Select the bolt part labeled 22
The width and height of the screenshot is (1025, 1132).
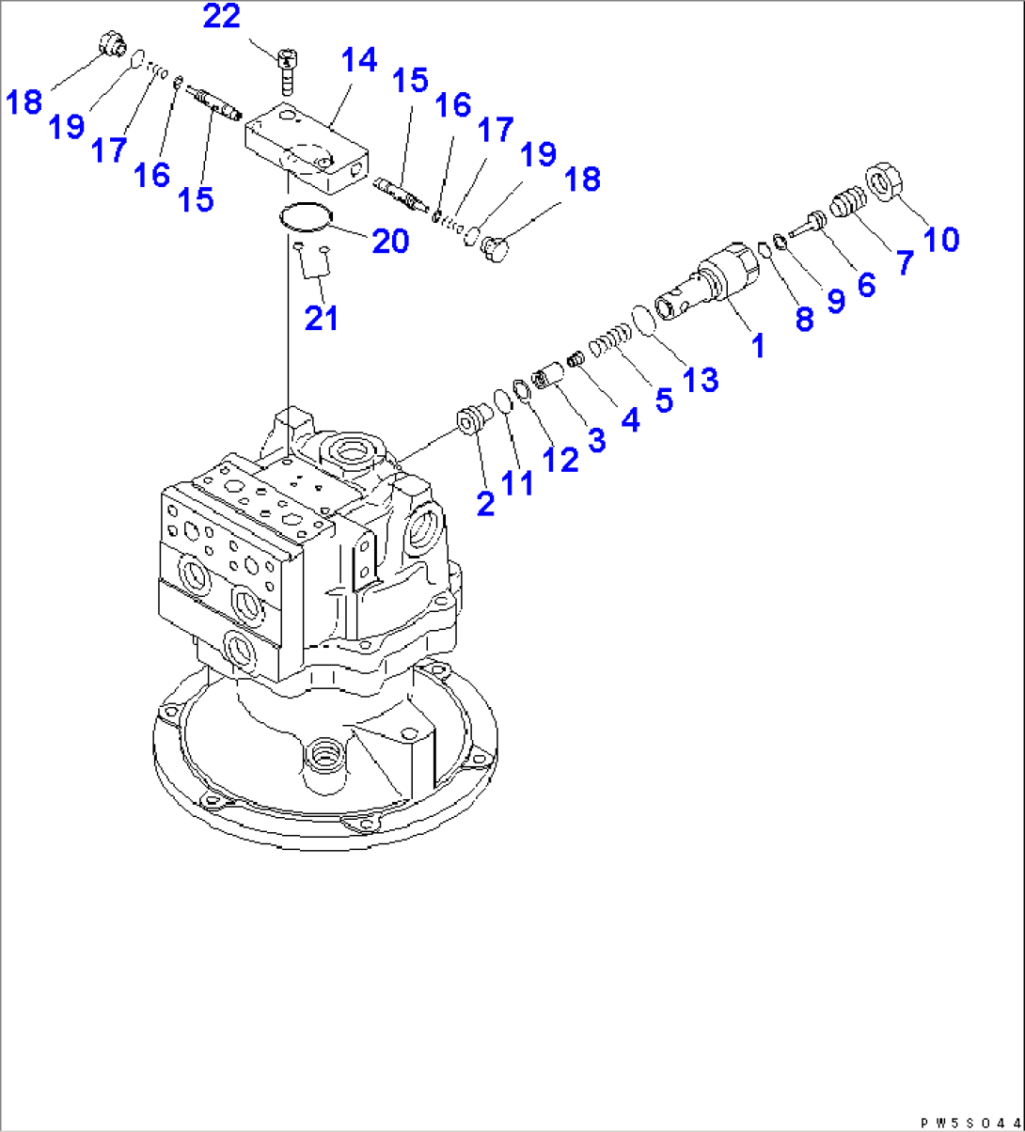(286, 70)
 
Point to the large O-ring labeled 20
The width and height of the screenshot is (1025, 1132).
(306, 217)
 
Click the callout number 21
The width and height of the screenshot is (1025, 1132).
(321, 319)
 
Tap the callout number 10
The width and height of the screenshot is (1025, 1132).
(939, 239)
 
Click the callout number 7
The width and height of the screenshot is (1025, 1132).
(903, 262)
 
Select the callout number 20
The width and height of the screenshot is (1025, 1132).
(388, 241)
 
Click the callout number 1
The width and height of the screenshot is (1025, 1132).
(756, 345)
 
